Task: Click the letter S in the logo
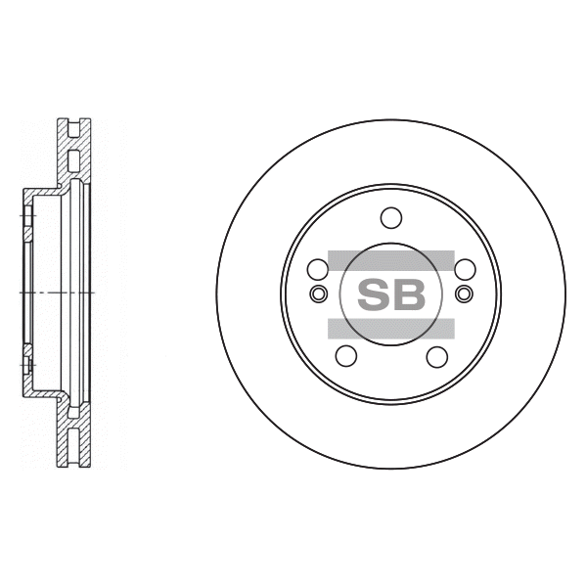[x=374, y=294]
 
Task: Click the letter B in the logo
[x=410, y=294]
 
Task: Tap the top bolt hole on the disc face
[x=391, y=217]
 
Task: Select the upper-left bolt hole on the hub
[x=317, y=269]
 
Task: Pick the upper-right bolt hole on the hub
[x=465, y=269]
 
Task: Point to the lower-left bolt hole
[x=346, y=356]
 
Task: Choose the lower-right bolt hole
[x=437, y=356]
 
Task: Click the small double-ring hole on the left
[x=319, y=293]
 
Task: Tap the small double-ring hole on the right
[x=464, y=293]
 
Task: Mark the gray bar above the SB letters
[x=391, y=260]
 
